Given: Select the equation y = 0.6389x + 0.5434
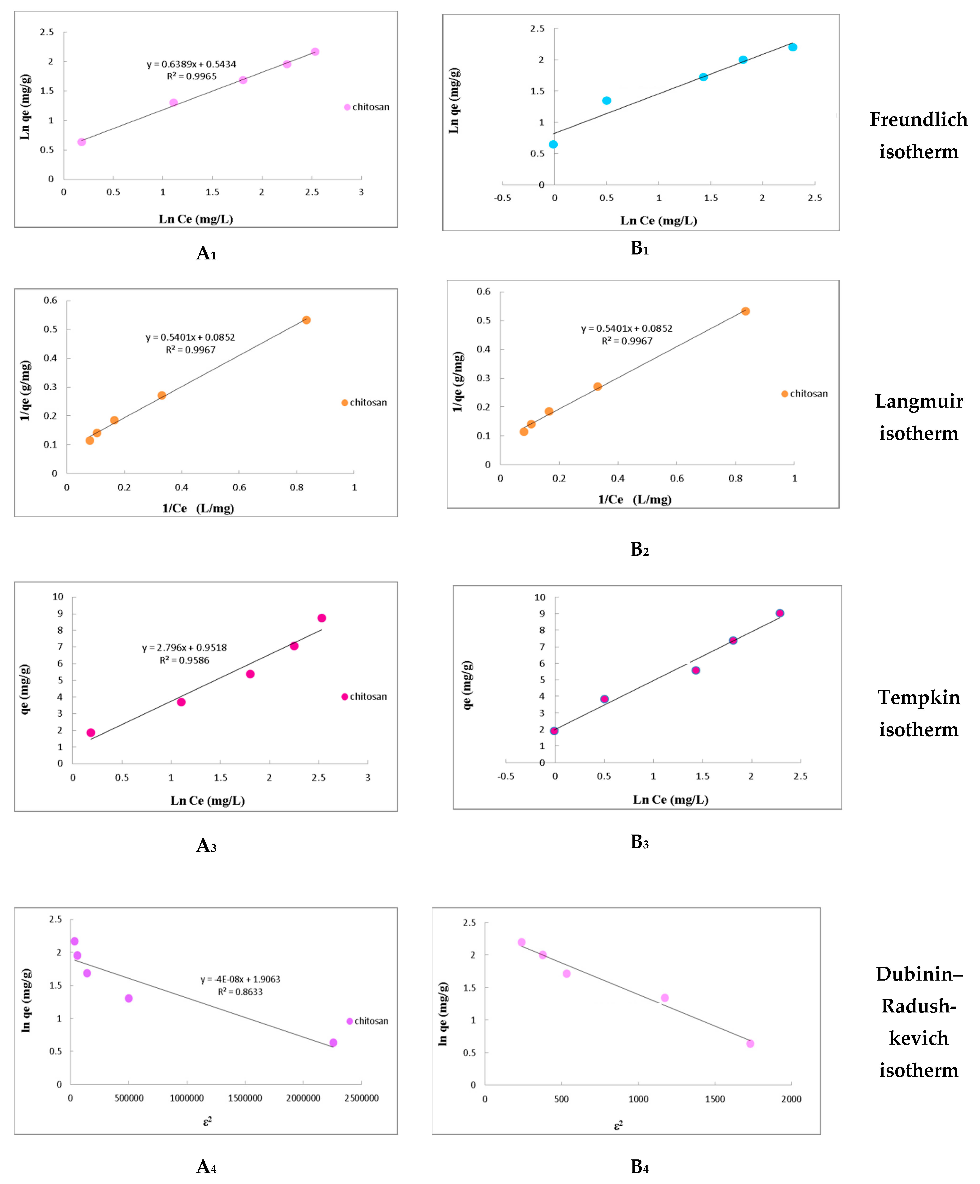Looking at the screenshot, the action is coord(191,64).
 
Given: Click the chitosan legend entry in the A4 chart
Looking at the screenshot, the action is coord(367,1021).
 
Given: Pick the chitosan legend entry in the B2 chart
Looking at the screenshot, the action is coord(805,394).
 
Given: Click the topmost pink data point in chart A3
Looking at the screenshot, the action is coord(322,618).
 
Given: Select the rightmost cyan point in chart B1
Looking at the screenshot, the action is coord(793,47).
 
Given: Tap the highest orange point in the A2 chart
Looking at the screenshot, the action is coord(306,320).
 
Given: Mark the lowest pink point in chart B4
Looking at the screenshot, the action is coord(750,1044).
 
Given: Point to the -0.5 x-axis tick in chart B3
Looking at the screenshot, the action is coord(505,776).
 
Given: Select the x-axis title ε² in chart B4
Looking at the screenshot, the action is coord(618,1125).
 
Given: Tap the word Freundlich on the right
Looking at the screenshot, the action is coord(919,120).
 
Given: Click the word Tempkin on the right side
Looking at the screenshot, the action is coord(919,697).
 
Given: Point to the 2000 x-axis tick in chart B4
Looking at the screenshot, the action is coord(791,1099).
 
